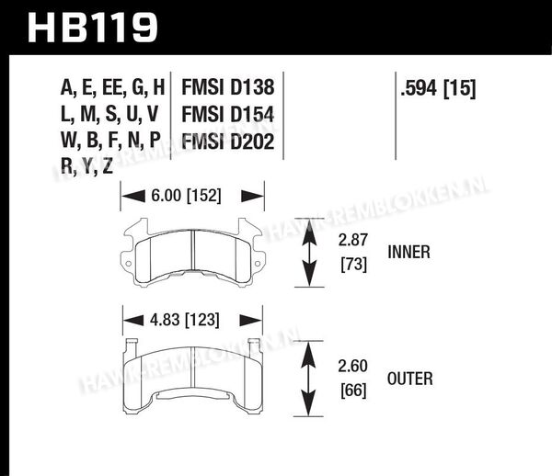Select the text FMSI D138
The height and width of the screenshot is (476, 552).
click(228, 87)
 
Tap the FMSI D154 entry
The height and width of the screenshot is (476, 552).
click(228, 115)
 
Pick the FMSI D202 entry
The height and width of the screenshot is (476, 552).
click(228, 142)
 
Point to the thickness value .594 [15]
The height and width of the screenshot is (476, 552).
click(438, 88)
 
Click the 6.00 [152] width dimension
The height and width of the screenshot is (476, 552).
click(186, 196)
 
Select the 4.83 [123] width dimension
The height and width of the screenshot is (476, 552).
click(185, 320)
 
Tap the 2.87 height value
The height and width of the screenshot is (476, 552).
click(352, 240)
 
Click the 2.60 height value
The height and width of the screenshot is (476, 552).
click(352, 366)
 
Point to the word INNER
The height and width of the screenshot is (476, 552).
click(408, 253)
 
